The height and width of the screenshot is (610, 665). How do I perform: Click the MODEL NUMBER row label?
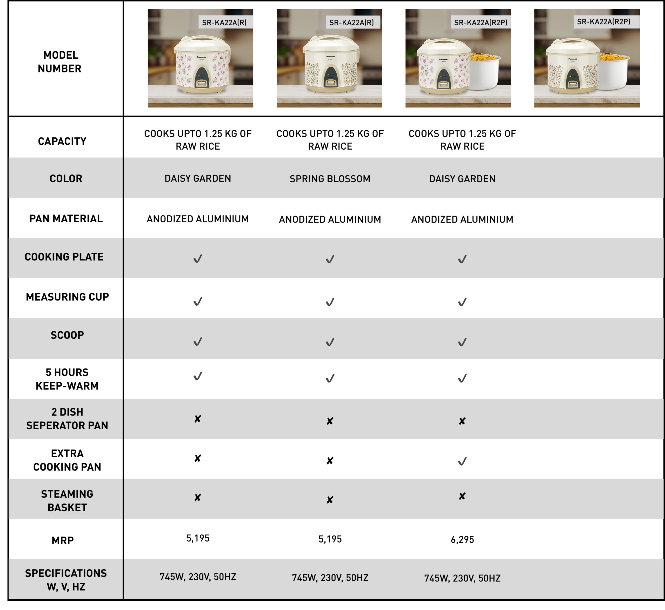59,62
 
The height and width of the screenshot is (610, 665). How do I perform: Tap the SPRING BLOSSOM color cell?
330,179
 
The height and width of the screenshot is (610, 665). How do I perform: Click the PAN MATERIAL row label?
66,218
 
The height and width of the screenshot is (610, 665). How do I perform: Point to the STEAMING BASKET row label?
67,500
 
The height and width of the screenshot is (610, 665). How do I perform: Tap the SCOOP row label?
67,335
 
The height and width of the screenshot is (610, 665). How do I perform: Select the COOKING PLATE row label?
64,257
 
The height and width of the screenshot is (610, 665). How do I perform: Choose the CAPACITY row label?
62,141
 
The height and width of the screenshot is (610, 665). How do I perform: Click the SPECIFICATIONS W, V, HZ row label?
66,580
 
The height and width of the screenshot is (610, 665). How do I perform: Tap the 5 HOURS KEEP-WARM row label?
67,379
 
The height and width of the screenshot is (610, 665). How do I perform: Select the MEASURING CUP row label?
67,297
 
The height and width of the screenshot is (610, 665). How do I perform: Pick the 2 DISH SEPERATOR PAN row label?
67,419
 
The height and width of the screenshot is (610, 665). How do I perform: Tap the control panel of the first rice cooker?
202,78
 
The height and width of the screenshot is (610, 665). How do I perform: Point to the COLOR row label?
66,179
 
